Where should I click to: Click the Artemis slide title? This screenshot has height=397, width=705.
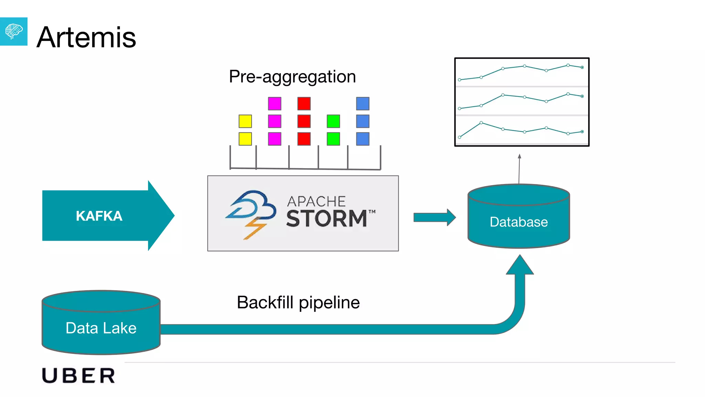[86, 37]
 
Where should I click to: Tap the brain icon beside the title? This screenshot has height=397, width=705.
[14, 31]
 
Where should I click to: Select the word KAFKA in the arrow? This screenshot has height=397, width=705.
[99, 216]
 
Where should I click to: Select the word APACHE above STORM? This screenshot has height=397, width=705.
[316, 201]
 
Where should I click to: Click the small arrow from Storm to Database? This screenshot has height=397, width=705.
[434, 217]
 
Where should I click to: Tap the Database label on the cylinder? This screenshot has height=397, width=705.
[518, 222]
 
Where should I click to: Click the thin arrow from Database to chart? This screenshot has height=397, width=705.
[519, 169]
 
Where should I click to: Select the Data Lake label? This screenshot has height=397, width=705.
[101, 328]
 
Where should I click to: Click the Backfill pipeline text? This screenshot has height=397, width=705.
[298, 303]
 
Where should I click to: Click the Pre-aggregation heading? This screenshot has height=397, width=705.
[292, 77]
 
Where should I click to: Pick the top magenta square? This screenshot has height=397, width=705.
[274, 103]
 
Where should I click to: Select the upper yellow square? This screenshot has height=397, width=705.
[245, 121]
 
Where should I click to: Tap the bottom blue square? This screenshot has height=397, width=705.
[362, 139]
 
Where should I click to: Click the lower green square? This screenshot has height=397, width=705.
[333, 139]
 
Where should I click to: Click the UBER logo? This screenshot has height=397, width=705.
[78, 376]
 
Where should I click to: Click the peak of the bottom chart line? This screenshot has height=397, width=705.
[481, 123]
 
